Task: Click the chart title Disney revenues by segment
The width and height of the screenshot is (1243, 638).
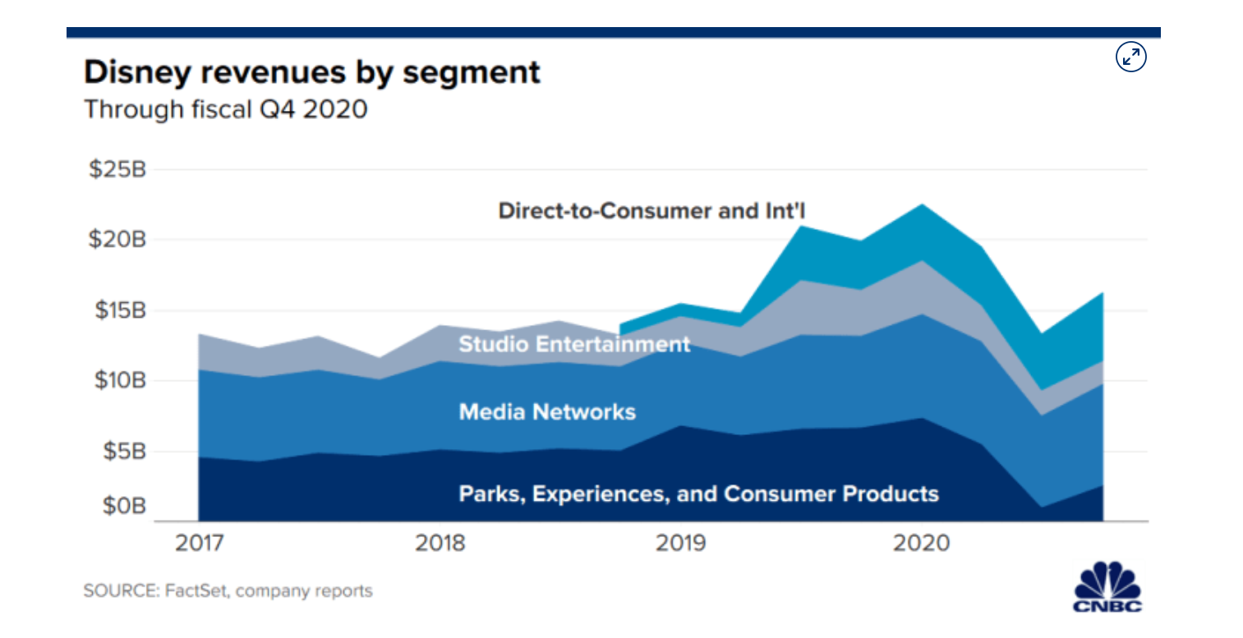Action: point(313,72)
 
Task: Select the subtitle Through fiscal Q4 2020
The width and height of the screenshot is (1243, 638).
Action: point(226,109)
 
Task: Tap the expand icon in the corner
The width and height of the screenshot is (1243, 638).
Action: point(1131,57)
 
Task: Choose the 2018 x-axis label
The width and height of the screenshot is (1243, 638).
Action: point(440,543)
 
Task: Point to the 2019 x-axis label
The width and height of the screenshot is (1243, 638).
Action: point(680,543)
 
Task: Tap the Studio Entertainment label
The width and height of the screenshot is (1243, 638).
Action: point(574,343)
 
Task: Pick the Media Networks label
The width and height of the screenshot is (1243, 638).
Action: point(547,411)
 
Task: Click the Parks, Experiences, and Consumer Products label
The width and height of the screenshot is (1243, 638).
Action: point(698,493)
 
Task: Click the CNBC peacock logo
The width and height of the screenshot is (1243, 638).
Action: point(1108,585)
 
